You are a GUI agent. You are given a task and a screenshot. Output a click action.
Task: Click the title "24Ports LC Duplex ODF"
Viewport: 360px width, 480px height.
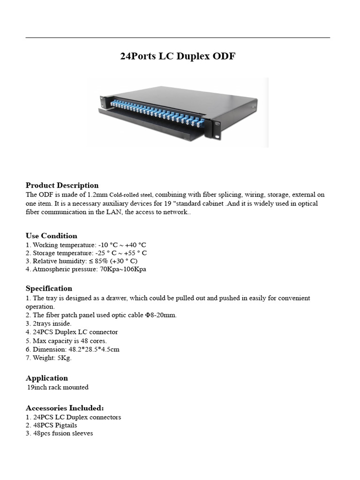(178, 57)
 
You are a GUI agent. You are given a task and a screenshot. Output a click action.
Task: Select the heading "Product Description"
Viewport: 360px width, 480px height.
(62, 185)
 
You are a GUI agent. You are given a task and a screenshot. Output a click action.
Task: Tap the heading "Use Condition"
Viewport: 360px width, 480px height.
(52, 236)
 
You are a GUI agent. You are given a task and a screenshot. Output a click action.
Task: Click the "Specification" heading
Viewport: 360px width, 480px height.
(49, 288)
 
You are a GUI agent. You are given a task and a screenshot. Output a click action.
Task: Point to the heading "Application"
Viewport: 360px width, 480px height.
(47, 378)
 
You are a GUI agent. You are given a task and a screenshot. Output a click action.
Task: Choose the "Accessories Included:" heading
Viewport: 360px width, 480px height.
(65, 408)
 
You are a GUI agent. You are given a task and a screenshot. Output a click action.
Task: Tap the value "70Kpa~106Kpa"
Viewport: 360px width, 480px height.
(123, 270)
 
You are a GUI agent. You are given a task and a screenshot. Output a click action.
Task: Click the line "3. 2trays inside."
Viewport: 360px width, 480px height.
(49, 323)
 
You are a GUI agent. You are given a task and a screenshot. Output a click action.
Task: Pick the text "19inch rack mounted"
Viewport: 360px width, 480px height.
(58, 388)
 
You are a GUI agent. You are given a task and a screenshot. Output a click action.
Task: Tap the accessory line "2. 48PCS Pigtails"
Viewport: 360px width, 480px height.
(52, 425)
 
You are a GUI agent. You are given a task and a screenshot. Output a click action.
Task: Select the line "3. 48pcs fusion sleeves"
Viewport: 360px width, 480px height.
(60, 434)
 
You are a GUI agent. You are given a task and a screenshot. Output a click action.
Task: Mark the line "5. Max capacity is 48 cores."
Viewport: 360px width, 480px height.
(66, 341)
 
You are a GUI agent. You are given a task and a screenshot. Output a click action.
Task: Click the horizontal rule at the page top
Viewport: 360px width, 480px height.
(178, 37)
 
